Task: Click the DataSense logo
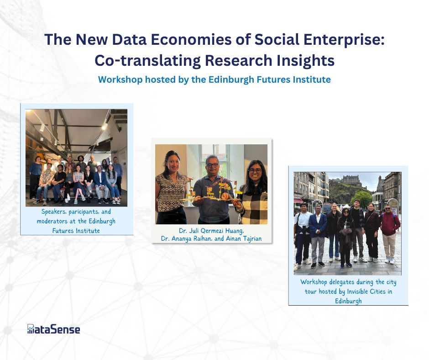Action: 54,329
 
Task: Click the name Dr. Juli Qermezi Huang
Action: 211,231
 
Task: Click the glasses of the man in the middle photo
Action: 212,165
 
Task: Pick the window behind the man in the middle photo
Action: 214,159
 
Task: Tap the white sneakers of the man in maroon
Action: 390,260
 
